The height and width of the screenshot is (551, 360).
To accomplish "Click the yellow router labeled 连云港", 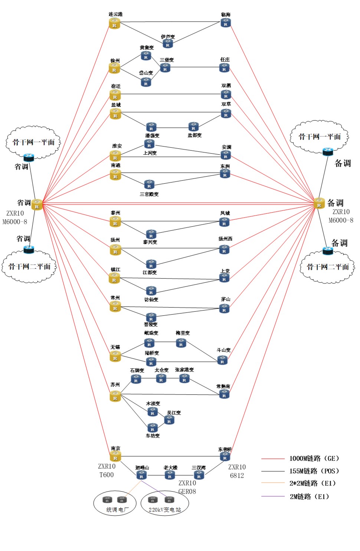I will click(114, 23).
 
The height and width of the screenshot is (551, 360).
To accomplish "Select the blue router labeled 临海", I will click(226, 23).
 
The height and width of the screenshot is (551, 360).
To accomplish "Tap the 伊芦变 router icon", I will click(168, 43).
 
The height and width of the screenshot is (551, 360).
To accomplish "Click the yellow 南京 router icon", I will click(115, 456).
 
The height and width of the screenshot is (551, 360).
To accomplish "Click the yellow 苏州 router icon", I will click(115, 396).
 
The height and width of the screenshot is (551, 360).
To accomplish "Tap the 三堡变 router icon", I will click(165, 68).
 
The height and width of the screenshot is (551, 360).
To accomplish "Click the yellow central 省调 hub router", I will click(37, 204).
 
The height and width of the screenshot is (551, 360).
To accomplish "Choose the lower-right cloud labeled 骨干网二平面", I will click(327, 267).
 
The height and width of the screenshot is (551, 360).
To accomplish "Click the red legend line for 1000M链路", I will click(273, 459).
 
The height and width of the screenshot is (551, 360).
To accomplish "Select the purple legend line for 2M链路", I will click(273, 496).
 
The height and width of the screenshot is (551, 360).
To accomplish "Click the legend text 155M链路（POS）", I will click(314, 471).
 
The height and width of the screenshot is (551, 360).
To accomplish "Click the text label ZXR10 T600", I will click(107, 470).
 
